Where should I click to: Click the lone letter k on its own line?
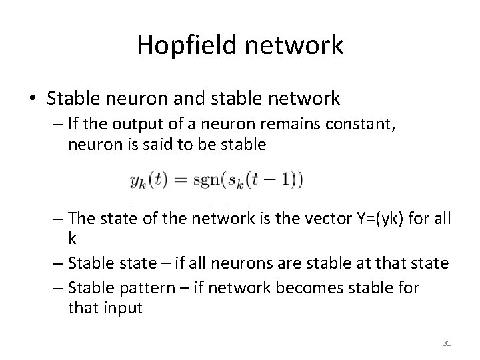tap(71, 239)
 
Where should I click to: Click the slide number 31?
tap(447, 343)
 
